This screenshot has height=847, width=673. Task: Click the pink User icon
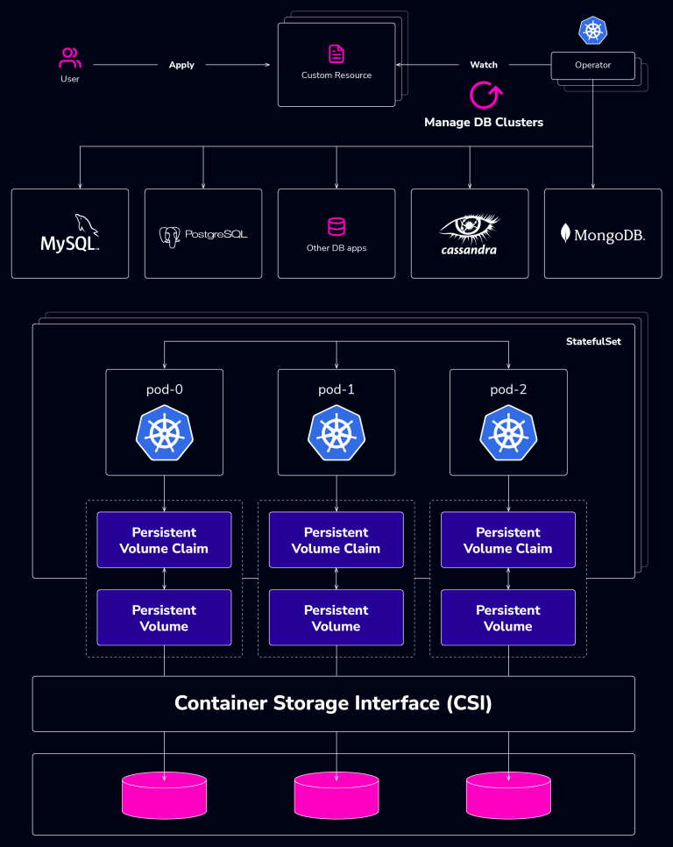(70, 59)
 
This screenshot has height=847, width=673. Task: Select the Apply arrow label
(181, 65)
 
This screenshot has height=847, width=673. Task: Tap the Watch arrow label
(484, 65)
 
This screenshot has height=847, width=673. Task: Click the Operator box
(592, 65)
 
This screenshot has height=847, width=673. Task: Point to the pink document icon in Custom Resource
(336, 54)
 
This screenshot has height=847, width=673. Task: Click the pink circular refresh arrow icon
(484, 95)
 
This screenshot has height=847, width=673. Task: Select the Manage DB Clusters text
(484, 123)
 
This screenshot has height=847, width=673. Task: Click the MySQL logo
(70, 234)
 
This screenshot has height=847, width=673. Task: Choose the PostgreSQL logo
(203, 235)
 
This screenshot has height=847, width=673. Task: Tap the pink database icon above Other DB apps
(336, 227)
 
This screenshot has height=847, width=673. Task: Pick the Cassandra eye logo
(469, 231)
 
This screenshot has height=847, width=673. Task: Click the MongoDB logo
(603, 234)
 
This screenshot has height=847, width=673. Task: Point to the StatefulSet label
(593, 341)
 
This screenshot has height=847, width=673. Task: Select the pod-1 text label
(336, 389)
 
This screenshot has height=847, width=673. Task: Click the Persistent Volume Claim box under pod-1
(336, 540)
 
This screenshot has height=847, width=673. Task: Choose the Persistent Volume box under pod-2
(508, 618)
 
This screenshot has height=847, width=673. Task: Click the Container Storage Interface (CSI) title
(333, 703)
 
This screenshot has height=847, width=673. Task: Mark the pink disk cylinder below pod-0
(164, 794)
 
